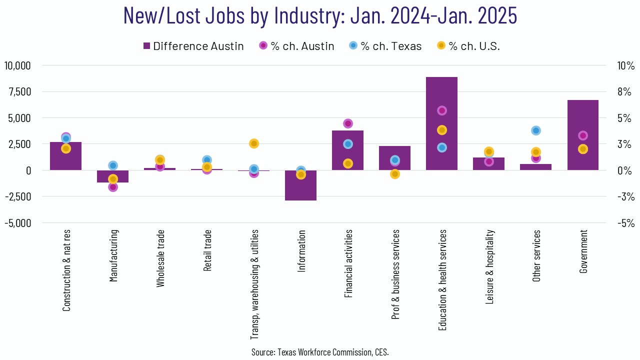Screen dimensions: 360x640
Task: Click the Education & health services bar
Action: (441, 150)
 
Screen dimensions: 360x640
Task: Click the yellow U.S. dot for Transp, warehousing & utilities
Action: (254, 143)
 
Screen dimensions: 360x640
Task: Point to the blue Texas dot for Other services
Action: (536, 130)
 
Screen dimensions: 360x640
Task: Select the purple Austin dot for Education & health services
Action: (441, 110)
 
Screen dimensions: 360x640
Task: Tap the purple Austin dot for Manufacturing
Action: (113, 187)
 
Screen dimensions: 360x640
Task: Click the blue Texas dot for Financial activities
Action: (348, 144)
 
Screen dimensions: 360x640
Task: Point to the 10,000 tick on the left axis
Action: (17, 65)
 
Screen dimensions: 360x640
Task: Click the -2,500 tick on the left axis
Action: (18, 196)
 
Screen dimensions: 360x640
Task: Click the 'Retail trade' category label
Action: (207, 250)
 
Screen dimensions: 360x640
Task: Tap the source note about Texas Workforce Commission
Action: (320, 352)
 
